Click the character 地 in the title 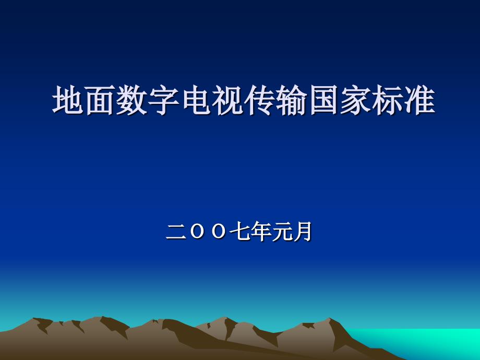click(68, 100)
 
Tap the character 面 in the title click(100, 100)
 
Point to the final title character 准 click(419, 100)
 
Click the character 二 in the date click(176, 232)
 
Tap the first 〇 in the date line click(197, 232)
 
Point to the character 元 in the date click(282, 232)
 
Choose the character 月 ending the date click(303, 232)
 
